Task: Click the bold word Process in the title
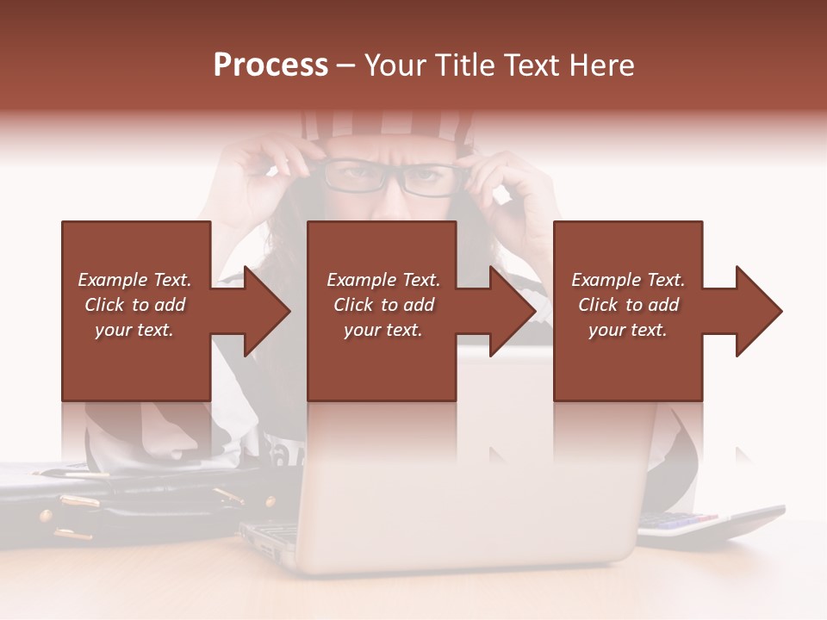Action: click(270, 65)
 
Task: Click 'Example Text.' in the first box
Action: click(134, 280)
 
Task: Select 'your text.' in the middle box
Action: click(382, 330)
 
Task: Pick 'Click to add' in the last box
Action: click(628, 305)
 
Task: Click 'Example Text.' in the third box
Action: click(628, 280)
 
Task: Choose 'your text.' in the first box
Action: click(134, 330)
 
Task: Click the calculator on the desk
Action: click(706, 524)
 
